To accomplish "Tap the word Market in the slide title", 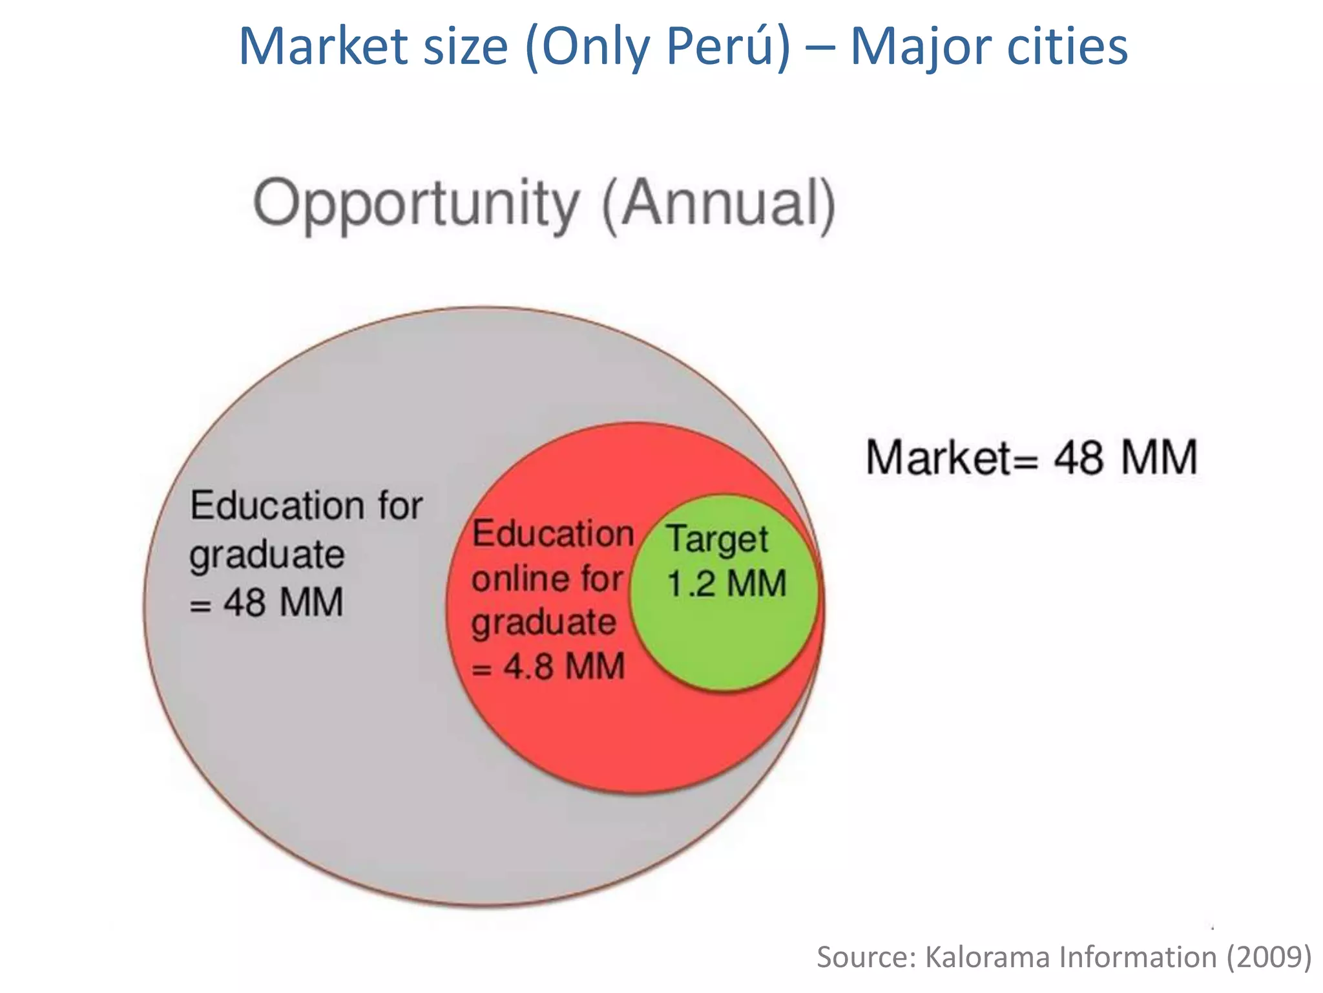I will [x=323, y=47].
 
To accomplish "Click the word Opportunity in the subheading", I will [x=417, y=204].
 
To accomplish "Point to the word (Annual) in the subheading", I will [x=718, y=204].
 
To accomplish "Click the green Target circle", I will [x=724, y=640].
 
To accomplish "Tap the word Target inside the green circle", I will [x=718, y=539].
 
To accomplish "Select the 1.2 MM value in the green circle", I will [x=726, y=583].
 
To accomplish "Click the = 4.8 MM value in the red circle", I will [x=548, y=666].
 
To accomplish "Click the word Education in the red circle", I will [x=553, y=534].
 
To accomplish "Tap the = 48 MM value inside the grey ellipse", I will [x=266, y=603].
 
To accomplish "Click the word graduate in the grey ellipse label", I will [x=267, y=555].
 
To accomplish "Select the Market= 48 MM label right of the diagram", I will [x=1032, y=458].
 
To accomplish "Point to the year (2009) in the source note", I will [x=1269, y=957].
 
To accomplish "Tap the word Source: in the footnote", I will [x=866, y=957].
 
